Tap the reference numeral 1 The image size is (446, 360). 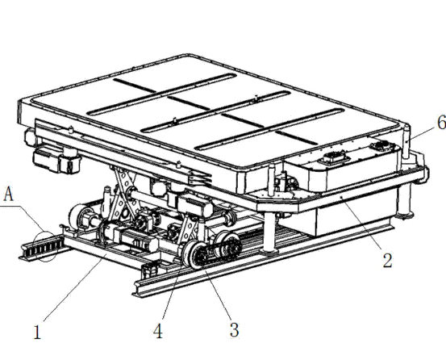click(37, 332)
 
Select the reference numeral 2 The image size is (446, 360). click(387, 260)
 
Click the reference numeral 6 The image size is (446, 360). click(442, 123)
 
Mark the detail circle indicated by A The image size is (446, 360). click(45, 246)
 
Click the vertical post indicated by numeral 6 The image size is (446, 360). click(406, 141)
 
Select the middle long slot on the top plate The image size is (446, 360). click(215, 112)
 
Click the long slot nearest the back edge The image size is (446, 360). click(162, 94)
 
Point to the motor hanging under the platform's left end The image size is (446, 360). click(57, 161)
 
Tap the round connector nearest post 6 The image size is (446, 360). click(381, 147)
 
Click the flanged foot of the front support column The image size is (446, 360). click(269, 251)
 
